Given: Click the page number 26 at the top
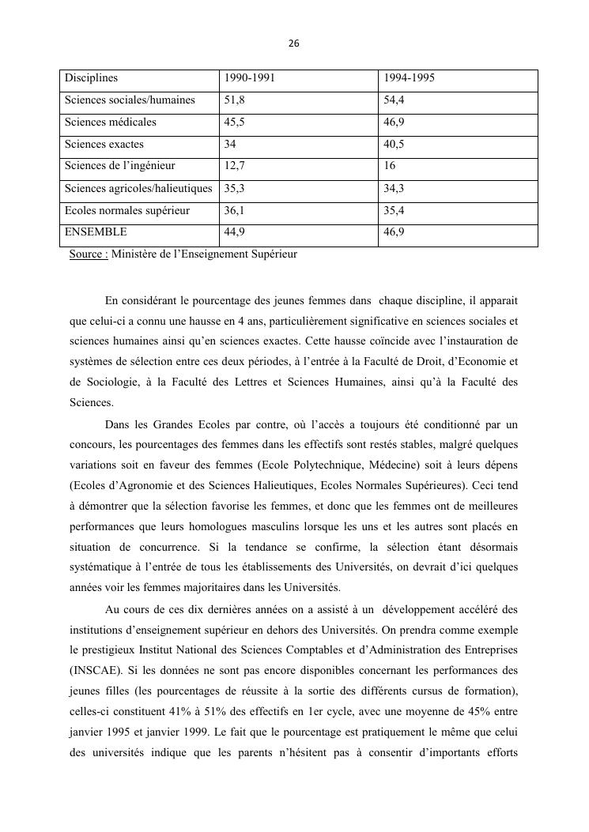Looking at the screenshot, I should (294, 43).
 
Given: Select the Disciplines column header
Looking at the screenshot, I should (91, 78).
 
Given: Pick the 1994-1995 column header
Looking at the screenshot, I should (409, 78).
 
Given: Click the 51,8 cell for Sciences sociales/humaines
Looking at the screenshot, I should (235, 100).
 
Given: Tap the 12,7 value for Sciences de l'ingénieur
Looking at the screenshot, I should (235, 167).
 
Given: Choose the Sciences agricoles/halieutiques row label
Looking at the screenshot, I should (138, 189).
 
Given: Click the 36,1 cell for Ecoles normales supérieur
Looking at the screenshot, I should (235, 211).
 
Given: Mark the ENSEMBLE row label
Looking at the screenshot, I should (96, 232).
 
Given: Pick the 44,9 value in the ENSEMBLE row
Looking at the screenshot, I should (235, 232).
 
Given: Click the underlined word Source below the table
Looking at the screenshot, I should (88, 254).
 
